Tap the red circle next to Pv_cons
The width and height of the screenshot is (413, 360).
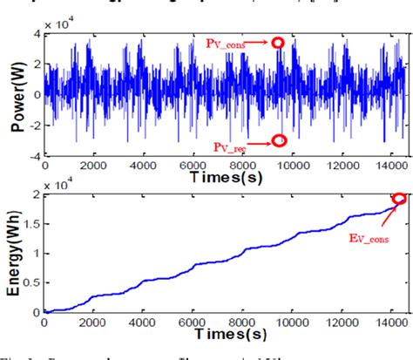coord(279,42)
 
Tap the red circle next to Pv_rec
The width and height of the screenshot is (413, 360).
coord(279,140)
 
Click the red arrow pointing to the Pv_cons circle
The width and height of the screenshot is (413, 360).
coord(261,42)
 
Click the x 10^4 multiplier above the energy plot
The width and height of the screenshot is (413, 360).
coord(60,184)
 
